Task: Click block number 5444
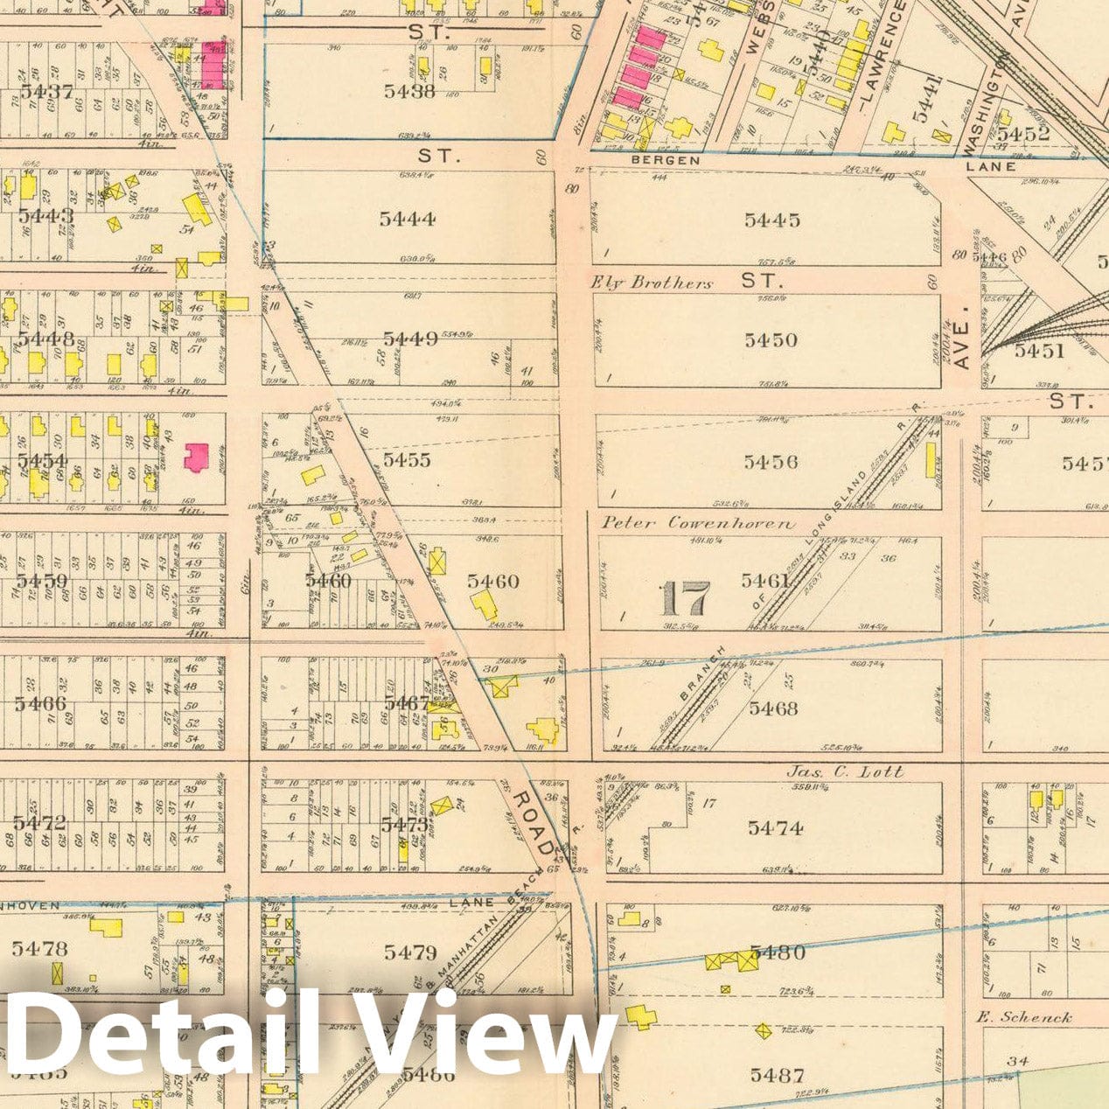(x=408, y=219)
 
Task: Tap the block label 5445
(x=772, y=220)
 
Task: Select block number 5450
(x=771, y=340)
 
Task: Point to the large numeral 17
(x=684, y=599)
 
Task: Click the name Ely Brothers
(x=652, y=282)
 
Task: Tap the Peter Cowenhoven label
(x=698, y=523)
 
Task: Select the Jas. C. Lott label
(x=844, y=771)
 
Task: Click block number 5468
(x=773, y=708)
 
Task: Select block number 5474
(x=776, y=827)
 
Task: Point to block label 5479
(x=409, y=952)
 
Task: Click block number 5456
(x=771, y=461)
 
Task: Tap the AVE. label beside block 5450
(x=963, y=349)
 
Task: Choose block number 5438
(x=409, y=90)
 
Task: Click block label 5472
(x=39, y=822)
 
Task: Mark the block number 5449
(x=410, y=338)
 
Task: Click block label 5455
(x=407, y=459)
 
